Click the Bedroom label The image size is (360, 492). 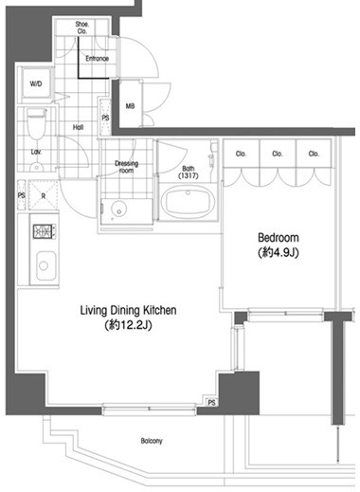click(279, 238)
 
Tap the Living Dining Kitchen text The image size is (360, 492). click(128, 310)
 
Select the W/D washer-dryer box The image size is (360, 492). click(36, 83)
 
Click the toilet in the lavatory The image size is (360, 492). click(36, 124)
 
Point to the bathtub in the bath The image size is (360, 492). click(188, 201)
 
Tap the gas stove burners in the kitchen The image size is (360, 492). click(45, 231)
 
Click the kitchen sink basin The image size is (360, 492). click(45, 265)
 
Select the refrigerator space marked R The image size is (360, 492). click(44, 195)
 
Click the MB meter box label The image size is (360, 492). click(130, 106)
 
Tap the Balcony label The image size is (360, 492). click(152, 441)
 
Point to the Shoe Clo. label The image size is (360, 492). click(81, 27)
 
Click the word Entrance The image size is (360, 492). click(97, 59)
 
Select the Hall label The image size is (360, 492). click(78, 127)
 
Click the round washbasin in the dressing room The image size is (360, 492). click(118, 209)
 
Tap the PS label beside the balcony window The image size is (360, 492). click(211, 402)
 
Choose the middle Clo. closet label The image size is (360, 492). click(277, 154)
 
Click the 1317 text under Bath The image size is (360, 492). click(189, 175)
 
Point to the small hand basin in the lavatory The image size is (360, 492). click(36, 167)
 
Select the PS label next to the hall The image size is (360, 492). click(105, 118)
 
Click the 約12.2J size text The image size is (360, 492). click(128, 325)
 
